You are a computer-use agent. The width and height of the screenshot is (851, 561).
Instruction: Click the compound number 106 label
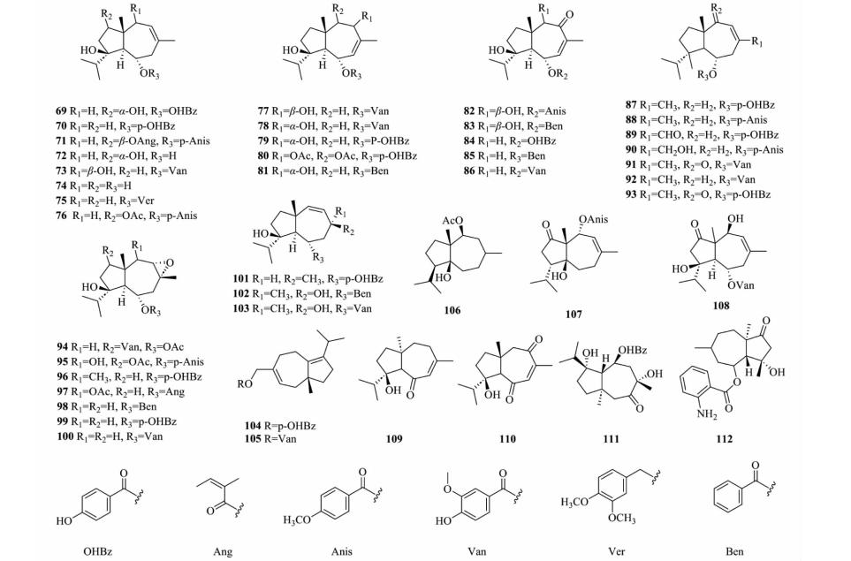452,310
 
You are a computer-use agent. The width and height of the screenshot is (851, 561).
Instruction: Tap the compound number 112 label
724,439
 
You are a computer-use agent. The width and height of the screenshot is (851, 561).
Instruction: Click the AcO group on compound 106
452,221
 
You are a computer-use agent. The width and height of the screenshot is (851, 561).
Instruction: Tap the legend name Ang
223,552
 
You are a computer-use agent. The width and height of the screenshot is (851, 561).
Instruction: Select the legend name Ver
616,552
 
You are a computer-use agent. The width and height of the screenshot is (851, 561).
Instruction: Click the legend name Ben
734,552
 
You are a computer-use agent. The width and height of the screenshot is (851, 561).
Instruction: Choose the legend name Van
476,552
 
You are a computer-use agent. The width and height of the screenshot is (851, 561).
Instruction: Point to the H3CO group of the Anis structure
297,520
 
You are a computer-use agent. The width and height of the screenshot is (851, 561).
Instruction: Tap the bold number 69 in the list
60,111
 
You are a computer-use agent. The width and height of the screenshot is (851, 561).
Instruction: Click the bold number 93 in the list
631,194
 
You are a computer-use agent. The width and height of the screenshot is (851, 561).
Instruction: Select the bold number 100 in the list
65,436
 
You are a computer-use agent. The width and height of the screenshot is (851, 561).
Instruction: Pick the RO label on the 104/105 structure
244,384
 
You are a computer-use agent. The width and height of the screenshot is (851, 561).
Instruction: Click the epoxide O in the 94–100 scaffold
170,263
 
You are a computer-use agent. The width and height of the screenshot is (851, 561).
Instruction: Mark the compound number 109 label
394,439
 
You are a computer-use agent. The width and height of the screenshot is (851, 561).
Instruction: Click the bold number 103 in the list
240,308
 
